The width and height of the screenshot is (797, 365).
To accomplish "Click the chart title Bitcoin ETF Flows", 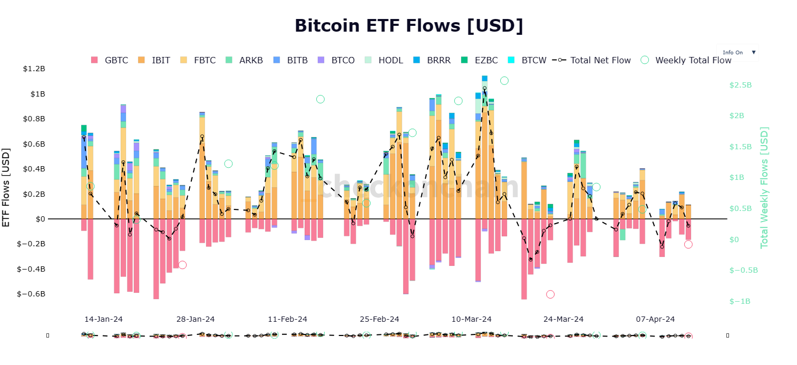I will coord(409,25).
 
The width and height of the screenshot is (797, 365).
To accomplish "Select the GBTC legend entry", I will coord(110,60).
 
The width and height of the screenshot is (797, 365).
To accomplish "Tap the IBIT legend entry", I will coord(154,60).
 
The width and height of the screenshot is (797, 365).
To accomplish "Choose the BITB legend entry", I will coord(290,60).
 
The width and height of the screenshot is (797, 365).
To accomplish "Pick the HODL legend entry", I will coord(383,60).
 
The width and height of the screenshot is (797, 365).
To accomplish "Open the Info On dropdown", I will coord(737,52).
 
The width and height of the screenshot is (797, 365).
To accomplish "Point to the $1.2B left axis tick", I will coord(34,69).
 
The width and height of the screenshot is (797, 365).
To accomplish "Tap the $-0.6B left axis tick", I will coord(31,294).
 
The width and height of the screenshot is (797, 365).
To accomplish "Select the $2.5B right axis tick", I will coord(740,85).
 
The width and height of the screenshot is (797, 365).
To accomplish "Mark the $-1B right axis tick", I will coord(740,301).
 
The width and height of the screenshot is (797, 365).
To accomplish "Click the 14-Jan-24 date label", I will coord(103,319).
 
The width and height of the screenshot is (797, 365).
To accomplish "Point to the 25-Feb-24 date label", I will coord(380,319).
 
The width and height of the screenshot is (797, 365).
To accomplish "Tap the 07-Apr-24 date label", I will coord(655,319).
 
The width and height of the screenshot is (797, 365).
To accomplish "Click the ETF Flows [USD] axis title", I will coord(7,188).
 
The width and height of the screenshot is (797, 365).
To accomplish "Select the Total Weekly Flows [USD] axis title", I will coord(764,188).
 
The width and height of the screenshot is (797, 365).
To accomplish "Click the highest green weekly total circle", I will coord(504,81).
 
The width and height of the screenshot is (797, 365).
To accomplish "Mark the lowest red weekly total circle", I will coord(550,294).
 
